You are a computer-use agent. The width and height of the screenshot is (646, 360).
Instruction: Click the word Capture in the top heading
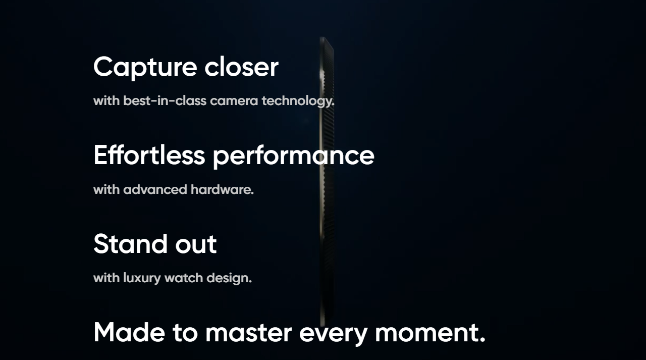145,68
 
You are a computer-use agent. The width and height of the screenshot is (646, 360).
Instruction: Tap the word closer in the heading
241,67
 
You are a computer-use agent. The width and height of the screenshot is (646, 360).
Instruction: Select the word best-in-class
165,100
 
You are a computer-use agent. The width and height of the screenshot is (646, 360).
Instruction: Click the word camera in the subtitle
234,101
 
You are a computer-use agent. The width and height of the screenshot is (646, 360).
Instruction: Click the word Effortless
149,155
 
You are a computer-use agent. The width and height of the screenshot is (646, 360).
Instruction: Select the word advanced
155,189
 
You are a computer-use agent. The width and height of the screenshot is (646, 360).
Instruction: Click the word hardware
222,189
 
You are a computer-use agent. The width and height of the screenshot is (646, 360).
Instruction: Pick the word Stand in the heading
131,244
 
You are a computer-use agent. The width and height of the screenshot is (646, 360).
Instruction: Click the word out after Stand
196,244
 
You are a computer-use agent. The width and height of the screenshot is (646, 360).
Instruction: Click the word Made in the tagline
129,332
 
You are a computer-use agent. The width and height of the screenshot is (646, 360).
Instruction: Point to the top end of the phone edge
323,37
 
